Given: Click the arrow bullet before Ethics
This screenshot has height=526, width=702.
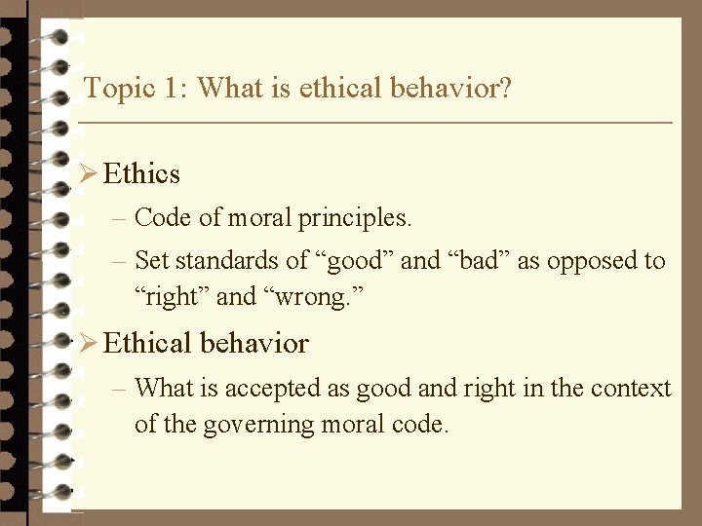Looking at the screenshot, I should point(88,174).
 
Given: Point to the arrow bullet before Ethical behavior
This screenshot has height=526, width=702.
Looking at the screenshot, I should point(88,344).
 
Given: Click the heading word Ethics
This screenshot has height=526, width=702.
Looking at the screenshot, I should point(141,174).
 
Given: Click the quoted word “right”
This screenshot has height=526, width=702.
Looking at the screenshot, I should point(172,296).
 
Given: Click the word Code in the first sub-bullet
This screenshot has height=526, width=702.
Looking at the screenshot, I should point(163,218).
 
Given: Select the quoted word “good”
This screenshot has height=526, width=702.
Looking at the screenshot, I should point(355,261).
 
